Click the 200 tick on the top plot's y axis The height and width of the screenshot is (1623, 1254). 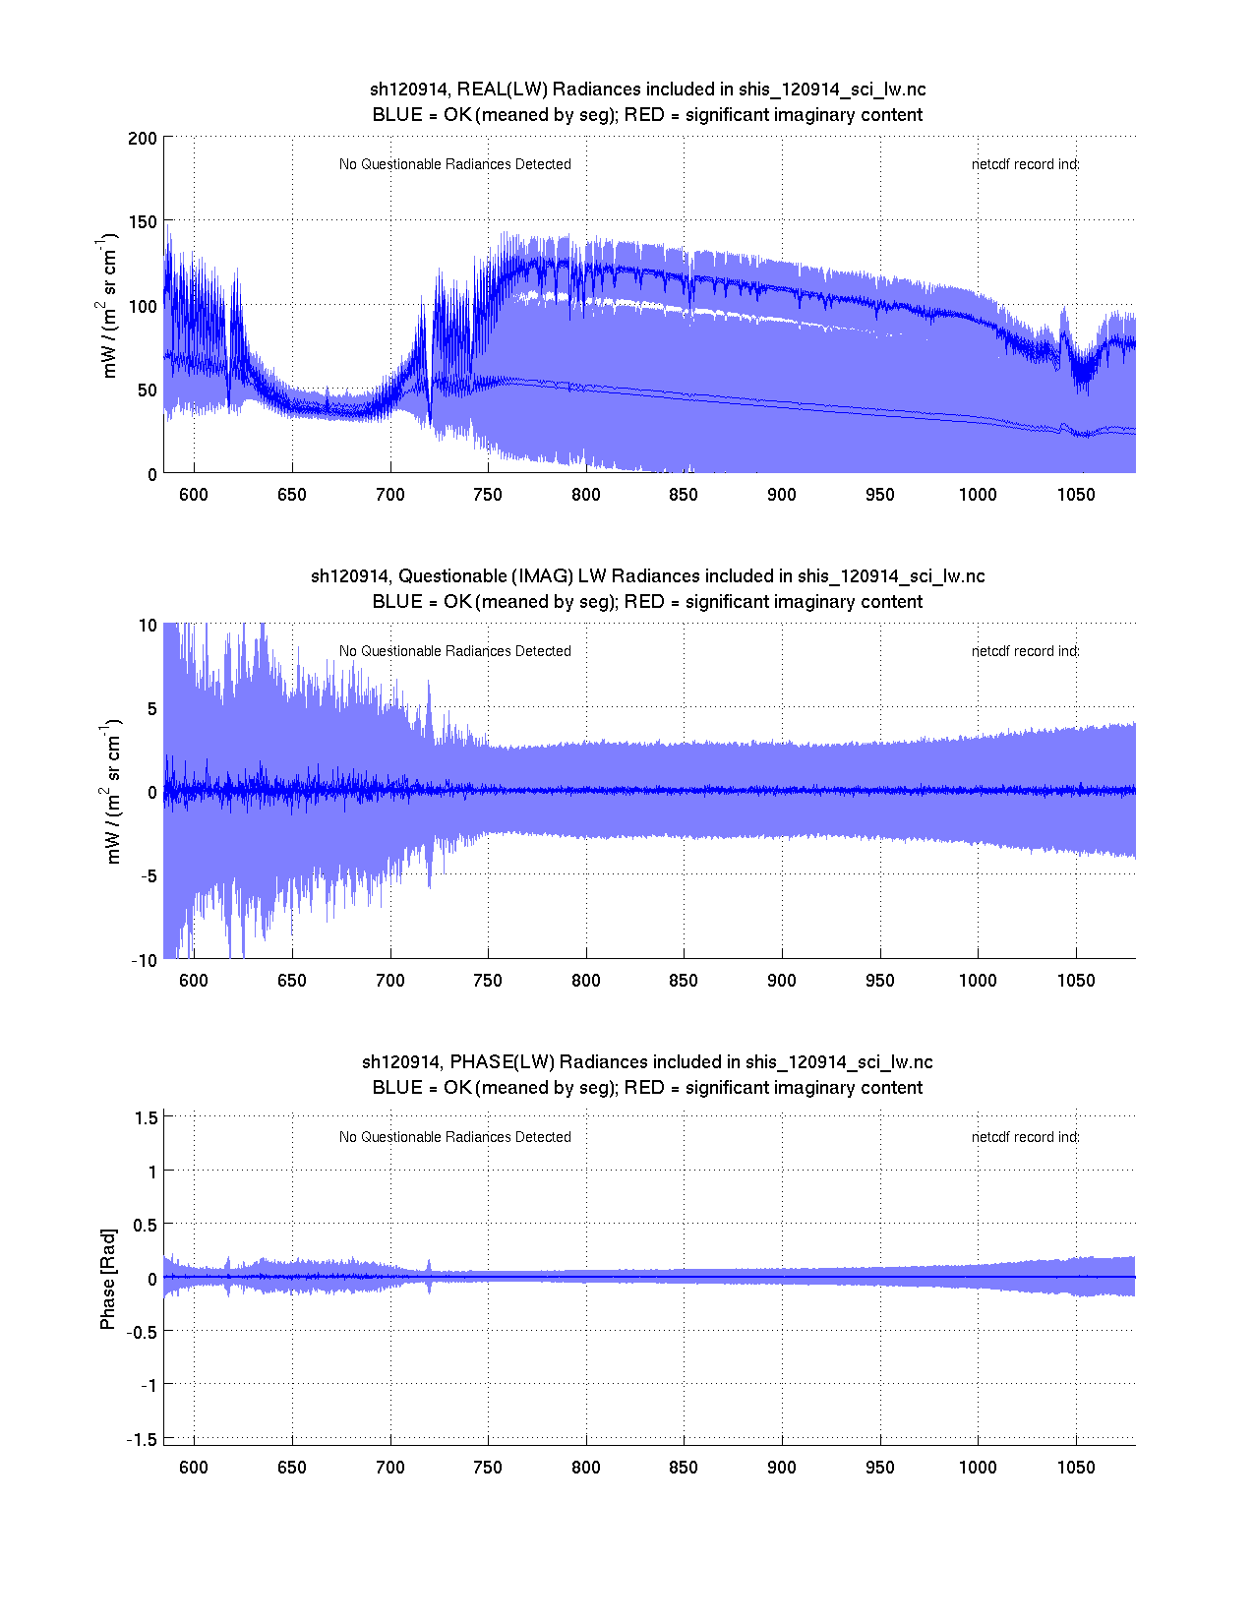click(143, 138)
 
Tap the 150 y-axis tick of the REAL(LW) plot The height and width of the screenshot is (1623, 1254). click(143, 221)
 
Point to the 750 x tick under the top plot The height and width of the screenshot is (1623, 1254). click(488, 495)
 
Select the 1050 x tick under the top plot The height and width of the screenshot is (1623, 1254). click(1076, 495)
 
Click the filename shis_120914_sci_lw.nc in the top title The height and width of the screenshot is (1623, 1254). click(832, 90)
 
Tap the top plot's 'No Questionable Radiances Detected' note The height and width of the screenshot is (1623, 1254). click(455, 164)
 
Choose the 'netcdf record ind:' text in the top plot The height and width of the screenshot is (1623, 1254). click(1025, 164)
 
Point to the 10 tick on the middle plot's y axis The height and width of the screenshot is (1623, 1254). click(148, 626)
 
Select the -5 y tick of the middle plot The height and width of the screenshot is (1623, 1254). click(147, 876)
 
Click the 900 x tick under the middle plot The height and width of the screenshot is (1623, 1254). click(782, 981)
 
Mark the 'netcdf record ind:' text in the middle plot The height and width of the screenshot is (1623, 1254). click(1025, 651)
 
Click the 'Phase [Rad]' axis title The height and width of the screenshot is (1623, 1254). click(108, 1279)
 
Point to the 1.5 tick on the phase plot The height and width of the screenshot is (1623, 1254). click(147, 1117)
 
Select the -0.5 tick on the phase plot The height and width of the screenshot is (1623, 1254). click(142, 1332)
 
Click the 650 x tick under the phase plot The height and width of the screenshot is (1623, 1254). click(292, 1468)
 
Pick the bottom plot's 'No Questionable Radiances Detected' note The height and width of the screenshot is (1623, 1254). click(455, 1137)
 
